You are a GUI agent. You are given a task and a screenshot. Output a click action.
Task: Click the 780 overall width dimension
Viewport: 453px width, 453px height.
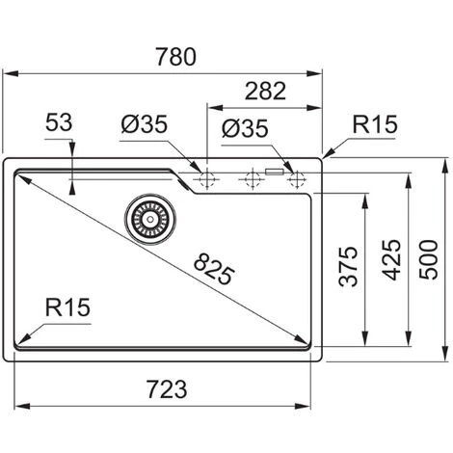[x=176, y=57]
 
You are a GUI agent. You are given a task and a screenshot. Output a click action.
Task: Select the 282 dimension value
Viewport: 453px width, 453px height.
[x=265, y=92]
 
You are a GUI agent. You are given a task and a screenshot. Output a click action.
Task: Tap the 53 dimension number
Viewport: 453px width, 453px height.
[x=59, y=122]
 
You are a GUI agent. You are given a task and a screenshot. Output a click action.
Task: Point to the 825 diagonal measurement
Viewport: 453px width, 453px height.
[x=214, y=269]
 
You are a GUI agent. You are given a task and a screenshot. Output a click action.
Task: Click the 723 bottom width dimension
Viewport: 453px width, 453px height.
[x=167, y=389]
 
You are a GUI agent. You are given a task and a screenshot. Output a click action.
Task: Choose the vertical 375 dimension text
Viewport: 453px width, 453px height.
[x=348, y=266]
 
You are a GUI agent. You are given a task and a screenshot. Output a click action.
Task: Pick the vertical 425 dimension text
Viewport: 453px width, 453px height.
[x=391, y=260]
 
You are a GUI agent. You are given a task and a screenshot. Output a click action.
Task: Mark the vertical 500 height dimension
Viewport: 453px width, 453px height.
[x=429, y=259]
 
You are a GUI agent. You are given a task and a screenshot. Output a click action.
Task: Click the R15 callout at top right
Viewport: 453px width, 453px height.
[x=375, y=124]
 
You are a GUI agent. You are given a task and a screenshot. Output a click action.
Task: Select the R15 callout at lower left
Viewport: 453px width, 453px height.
[x=67, y=307]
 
